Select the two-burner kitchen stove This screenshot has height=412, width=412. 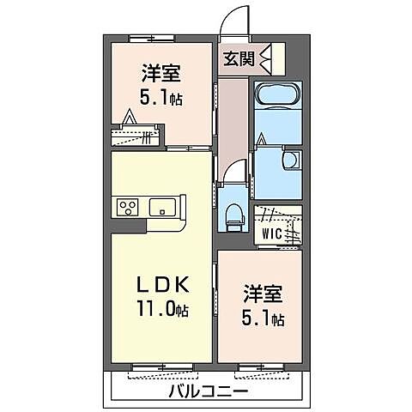[129, 207]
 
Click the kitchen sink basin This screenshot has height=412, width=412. [164, 207]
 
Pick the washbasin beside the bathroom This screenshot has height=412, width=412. [291, 161]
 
